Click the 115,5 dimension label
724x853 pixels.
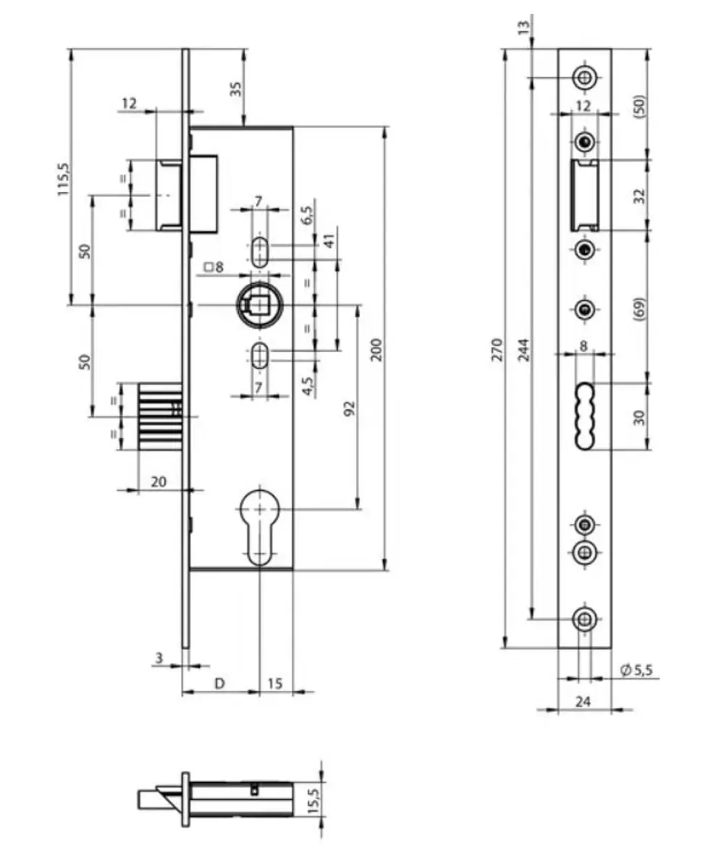point(63,179)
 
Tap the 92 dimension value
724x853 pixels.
point(349,409)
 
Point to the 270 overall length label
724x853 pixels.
point(496,349)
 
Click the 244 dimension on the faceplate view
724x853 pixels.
point(524,349)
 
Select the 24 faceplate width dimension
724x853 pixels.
point(584,700)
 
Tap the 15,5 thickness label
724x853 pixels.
point(313,802)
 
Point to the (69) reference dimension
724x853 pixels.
point(639,308)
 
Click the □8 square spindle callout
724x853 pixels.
point(214,267)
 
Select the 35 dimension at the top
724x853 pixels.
point(235,89)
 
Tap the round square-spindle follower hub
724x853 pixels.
point(255,306)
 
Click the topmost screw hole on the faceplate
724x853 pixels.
point(584,77)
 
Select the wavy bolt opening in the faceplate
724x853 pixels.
point(584,416)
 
